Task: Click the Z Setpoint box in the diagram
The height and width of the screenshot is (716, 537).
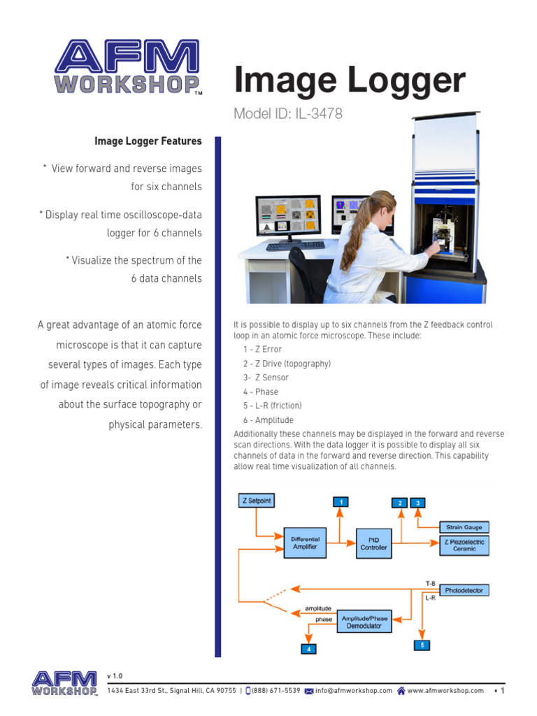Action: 257,501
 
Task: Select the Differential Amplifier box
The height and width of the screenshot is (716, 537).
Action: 305,543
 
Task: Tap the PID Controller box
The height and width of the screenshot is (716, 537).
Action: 373,543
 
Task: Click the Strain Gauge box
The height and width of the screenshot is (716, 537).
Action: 464,527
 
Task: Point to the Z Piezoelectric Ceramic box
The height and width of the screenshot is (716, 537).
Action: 464,545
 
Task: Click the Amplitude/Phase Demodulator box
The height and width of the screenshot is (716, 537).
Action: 364,622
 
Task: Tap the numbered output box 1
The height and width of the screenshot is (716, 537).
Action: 340,502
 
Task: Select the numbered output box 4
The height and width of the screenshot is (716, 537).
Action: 308,649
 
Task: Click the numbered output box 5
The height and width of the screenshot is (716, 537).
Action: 422,645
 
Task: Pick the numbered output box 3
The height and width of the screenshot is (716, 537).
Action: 418,502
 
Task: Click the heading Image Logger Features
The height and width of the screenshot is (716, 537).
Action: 148,141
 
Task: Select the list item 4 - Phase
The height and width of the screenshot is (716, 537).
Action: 261,392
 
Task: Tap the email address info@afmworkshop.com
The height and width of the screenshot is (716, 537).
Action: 354,690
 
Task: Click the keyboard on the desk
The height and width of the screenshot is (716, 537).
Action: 295,245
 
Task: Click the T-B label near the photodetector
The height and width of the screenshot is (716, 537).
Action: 431,583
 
